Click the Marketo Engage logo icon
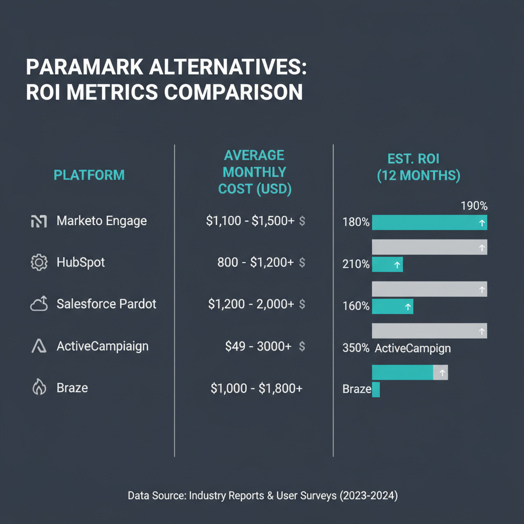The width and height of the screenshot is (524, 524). [x=39, y=221]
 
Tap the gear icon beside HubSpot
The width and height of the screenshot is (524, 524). [x=39, y=263]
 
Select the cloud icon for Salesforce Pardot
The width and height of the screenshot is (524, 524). [x=39, y=304]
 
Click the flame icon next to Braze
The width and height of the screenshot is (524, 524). [x=39, y=388]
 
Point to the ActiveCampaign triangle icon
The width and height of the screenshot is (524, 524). [x=39, y=346]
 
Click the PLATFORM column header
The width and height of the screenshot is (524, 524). [x=89, y=175]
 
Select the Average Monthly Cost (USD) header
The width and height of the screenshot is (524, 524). [x=254, y=172]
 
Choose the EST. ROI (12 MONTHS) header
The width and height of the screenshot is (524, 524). [x=418, y=167]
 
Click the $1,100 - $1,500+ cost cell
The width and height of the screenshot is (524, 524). [x=250, y=221]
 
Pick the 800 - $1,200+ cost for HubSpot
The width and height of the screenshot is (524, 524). [x=255, y=263]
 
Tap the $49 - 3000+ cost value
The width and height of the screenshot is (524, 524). [x=258, y=346]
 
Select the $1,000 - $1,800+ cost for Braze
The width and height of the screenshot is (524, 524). [x=256, y=388]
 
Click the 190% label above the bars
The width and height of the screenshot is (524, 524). [x=474, y=206]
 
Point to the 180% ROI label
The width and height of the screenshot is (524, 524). [x=356, y=223]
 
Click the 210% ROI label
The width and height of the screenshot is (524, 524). [x=356, y=265]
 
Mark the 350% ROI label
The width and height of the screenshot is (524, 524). [x=356, y=348]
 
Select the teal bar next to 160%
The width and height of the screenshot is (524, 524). [x=392, y=307]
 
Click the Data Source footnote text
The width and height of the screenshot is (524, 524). [x=262, y=495]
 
